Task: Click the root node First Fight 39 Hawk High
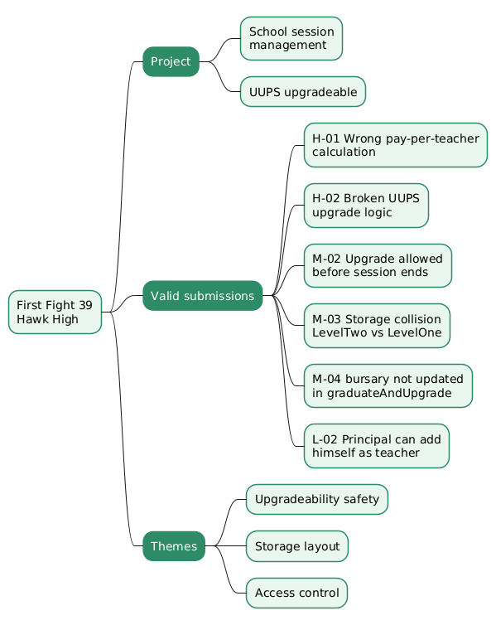tap(55, 312)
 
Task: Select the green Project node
tap(171, 62)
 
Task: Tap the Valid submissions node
tap(203, 296)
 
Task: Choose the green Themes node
tap(174, 546)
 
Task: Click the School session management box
tap(291, 39)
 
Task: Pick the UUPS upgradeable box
tap(303, 92)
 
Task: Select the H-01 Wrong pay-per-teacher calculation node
tap(396, 145)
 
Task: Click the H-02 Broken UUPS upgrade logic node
tap(366, 206)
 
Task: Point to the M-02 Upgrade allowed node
tap(378, 265)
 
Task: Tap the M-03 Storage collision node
tap(377, 326)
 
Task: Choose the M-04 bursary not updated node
tap(388, 385)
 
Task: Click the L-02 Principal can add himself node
tap(377, 446)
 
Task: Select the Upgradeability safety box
tap(317, 500)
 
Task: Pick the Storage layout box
tap(297, 546)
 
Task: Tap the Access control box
tap(296, 594)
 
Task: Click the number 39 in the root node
tap(85, 305)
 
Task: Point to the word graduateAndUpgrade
tap(389, 393)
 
